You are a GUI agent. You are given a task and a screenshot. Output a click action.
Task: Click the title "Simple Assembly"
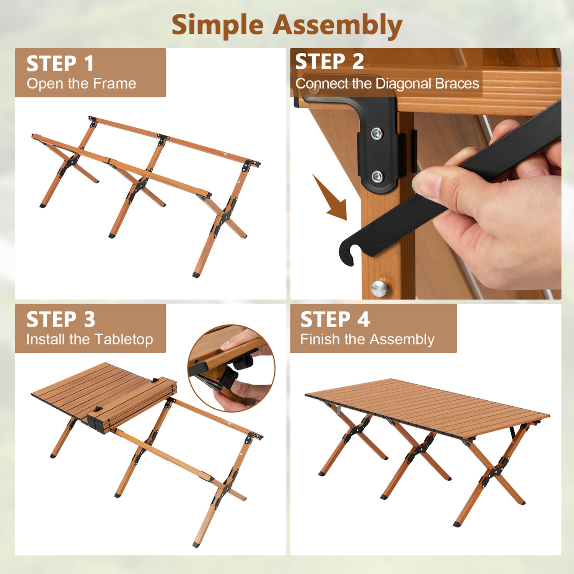pyautogui.click(x=287, y=25)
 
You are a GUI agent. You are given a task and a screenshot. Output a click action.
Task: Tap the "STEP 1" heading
pyautogui.click(x=60, y=64)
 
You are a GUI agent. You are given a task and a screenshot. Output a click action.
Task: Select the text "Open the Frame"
pyautogui.click(x=81, y=83)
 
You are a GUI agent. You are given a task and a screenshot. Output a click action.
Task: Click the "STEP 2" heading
pyautogui.click(x=329, y=62)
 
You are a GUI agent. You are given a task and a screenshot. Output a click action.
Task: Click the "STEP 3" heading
pyautogui.click(x=60, y=319)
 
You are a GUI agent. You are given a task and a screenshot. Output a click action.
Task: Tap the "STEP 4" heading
pyautogui.click(x=335, y=319)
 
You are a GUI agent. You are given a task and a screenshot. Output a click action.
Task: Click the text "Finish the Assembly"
pyautogui.click(x=367, y=339)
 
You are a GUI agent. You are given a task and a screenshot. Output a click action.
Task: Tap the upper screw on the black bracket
pyautogui.click(x=377, y=133)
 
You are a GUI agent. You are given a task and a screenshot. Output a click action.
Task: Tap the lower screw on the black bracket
pyautogui.click(x=377, y=176)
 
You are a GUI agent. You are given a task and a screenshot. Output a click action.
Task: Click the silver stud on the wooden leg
pyautogui.click(x=379, y=288)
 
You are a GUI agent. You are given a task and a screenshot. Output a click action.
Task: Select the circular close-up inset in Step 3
pyautogui.click(x=231, y=368)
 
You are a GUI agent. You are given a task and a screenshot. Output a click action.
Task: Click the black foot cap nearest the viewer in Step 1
pyautogui.click(x=196, y=274)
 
